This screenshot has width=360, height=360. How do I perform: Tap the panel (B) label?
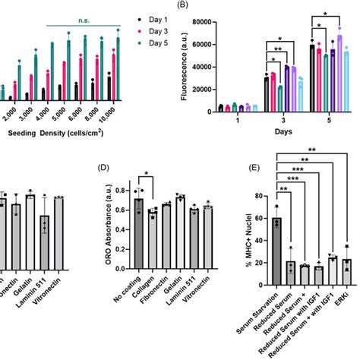184,5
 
